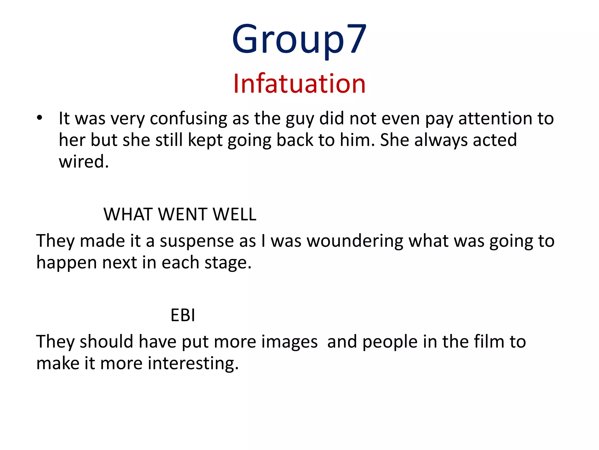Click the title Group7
click(x=299, y=40)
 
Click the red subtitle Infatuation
click(x=299, y=84)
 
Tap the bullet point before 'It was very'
click(x=40, y=118)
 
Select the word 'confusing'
click(x=188, y=119)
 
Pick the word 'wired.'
click(x=84, y=162)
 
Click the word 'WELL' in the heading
click(x=235, y=214)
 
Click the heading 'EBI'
click(x=183, y=316)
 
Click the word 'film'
click(x=489, y=342)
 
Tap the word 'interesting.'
click(x=193, y=364)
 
